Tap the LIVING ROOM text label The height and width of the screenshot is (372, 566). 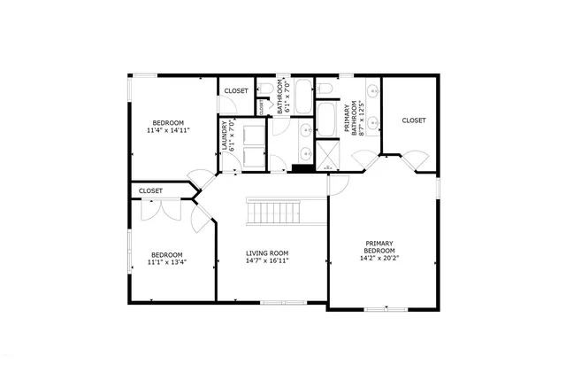point(267,253)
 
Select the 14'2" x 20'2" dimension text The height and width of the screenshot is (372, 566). point(379,259)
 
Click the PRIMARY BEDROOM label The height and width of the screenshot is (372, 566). point(379,246)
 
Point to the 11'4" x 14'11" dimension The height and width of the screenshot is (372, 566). point(167,131)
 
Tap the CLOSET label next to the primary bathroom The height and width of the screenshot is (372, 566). point(414,120)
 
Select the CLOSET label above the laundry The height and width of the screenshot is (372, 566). point(236,91)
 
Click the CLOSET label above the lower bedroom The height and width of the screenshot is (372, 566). point(150,190)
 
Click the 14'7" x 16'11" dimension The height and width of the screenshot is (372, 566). point(267,261)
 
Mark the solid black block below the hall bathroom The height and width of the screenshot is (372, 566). point(302,167)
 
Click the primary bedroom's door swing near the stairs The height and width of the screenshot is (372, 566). point(340,185)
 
